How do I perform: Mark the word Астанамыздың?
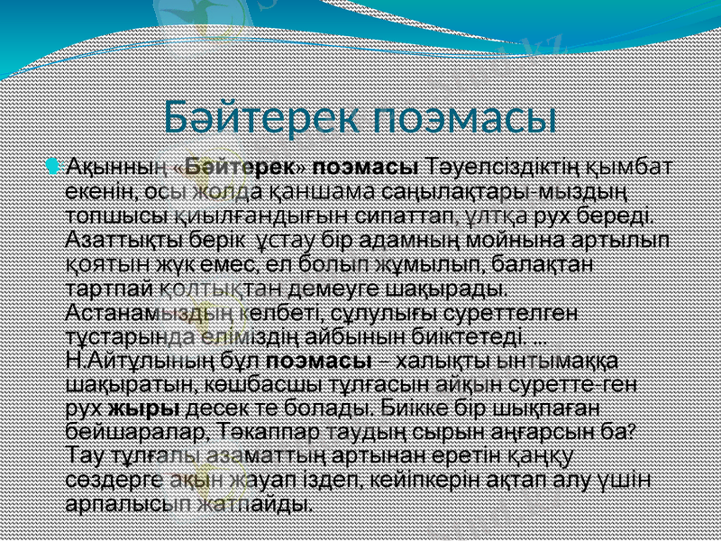point(150,313)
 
